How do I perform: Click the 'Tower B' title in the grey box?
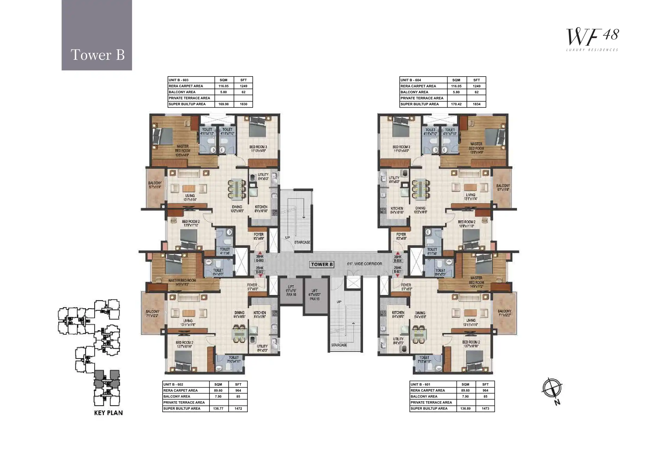pyautogui.click(x=98, y=55)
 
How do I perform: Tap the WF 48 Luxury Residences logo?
pyautogui.click(x=592, y=39)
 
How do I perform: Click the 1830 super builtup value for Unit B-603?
pyautogui.click(x=243, y=104)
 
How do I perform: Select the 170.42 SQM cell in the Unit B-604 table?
pyautogui.click(x=456, y=104)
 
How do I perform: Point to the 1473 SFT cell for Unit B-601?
pyautogui.click(x=485, y=408)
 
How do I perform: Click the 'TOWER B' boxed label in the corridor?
pyautogui.click(x=322, y=264)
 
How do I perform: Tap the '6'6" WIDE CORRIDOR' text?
pyautogui.click(x=364, y=264)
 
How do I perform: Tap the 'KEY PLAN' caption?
pyautogui.click(x=108, y=413)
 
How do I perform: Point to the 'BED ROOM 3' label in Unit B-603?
pyautogui.click(x=258, y=147)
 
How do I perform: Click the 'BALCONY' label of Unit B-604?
pyautogui.click(x=503, y=186)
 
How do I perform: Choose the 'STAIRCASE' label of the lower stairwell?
pyautogui.click(x=339, y=345)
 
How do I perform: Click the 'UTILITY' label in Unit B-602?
pyautogui.click(x=262, y=346)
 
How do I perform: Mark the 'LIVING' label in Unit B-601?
pyautogui.click(x=471, y=320)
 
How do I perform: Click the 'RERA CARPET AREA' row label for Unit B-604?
pyautogui.click(x=418, y=86)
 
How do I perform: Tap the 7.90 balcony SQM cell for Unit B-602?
pyautogui.click(x=218, y=396)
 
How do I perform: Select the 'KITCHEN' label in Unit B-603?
pyautogui.click(x=261, y=207)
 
